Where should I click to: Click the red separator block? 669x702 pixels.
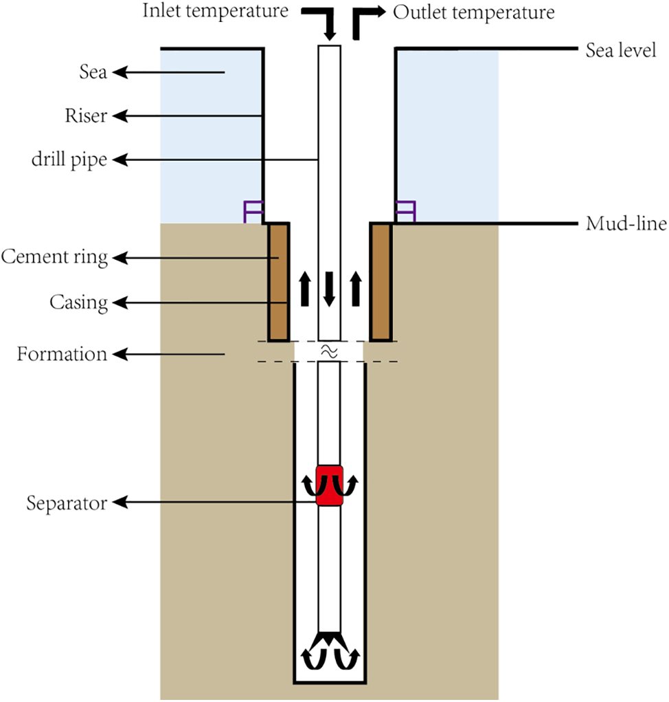pyautogui.click(x=329, y=486)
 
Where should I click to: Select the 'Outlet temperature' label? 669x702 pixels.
pyautogui.click(x=473, y=12)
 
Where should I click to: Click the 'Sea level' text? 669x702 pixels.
pyautogui.click(x=621, y=50)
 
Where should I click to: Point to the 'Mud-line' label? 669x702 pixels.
pyautogui.click(x=626, y=224)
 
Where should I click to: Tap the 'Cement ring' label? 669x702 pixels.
pyautogui.click(x=55, y=258)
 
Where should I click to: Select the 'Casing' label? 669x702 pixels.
pyautogui.click(x=78, y=302)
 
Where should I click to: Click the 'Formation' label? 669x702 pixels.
pyautogui.click(x=63, y=354)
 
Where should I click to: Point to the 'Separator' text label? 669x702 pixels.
pyautogui.click(x=67, y=503)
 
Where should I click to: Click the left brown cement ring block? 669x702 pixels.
pyautogui.click(x=278, y=281)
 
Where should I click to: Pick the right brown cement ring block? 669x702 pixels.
pyautogui.click(x=381, y=281)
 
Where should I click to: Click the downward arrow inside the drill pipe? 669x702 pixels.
pyautogui.click(x=329, y=288)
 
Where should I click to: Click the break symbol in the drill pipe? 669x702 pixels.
pyautogui.click(x=329, y=351)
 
